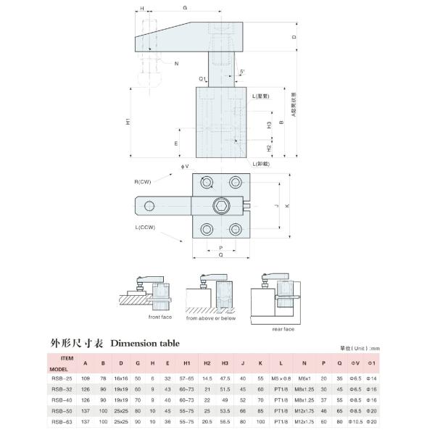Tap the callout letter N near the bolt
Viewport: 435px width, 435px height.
177,65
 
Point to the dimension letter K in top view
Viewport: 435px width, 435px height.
288,206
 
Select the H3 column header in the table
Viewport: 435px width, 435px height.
225,364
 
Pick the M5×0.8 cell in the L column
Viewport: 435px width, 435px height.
281,377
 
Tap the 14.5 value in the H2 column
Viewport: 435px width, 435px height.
207,377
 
